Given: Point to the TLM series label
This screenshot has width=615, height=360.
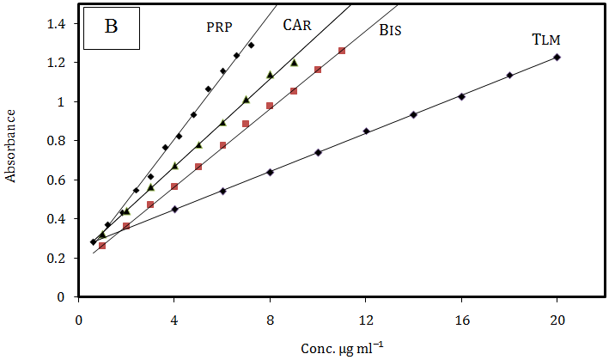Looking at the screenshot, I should pos(548,40).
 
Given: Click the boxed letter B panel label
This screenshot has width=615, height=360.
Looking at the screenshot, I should pos(112,27).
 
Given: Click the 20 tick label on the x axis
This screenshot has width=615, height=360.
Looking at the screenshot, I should pos(557,320).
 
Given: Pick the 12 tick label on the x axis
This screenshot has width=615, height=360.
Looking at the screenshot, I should pos(366,320).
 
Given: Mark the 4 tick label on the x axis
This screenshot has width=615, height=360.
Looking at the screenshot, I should pos(174,320).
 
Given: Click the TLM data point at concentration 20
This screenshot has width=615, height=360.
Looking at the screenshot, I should pos(557,58).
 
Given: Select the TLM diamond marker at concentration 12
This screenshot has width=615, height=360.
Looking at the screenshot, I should pos(366,131).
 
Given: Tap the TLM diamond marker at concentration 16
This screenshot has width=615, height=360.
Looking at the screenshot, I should pos(461,96).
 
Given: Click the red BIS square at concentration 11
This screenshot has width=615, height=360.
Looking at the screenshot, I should pos(342,51).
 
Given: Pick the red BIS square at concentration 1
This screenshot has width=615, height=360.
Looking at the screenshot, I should pos(102,246).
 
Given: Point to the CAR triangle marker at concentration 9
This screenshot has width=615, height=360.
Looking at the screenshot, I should pos(294,63).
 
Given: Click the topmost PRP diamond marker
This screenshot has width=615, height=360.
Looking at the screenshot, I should pos(251,45).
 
